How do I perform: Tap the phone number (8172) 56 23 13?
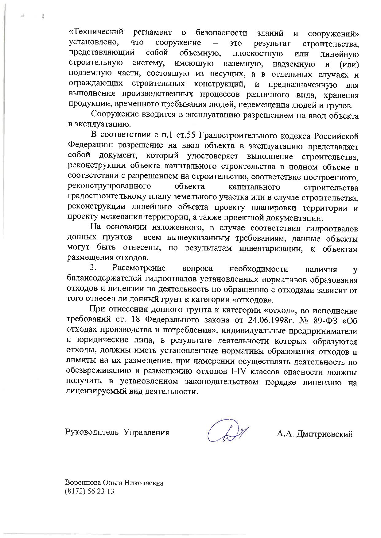tap(89, 491)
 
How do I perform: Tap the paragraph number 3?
tap(93, 268)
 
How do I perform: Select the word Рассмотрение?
tap(139, 269)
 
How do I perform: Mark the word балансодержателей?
tap(100, 279)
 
